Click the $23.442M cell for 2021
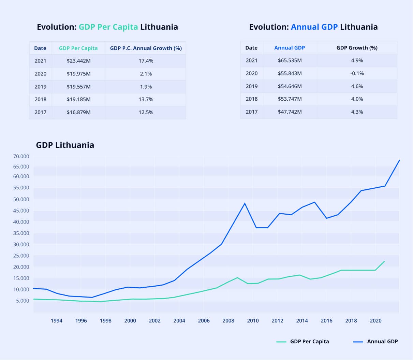(78, 61)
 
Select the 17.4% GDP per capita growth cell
(146, 61)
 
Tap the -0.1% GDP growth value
(357, 73)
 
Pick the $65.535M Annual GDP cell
(290, 60)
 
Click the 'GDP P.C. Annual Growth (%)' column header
(146, 48)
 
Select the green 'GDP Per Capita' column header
(78, 48)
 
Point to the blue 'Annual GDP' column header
(290, 48)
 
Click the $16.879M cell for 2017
(78, 112)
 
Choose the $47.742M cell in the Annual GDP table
(290, 112)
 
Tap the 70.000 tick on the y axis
(21, 156)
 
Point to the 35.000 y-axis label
(21, 233)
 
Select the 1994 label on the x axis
(57, 320)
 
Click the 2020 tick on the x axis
(375, 320)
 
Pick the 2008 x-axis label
(228, 320)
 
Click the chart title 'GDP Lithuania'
(65, 145)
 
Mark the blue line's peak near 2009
(245, 203)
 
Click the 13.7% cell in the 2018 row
(146, 99)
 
